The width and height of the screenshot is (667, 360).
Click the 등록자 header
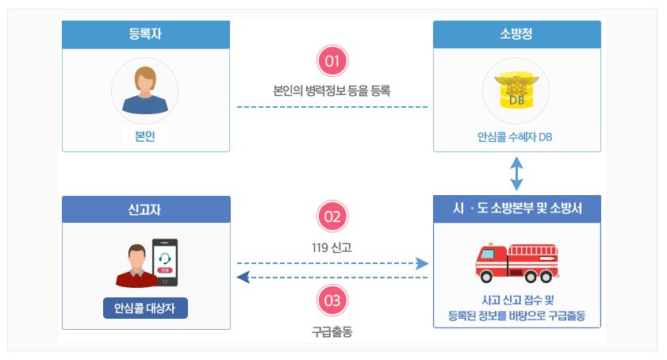tap(146, 34)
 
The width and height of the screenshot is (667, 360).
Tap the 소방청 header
tap(516, 34)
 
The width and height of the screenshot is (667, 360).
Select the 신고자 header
tap(146, 209)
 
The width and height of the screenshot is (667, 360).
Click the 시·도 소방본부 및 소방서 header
tap(516, 209)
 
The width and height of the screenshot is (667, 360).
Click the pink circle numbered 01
tap(332, 61)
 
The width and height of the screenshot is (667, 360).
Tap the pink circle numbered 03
tap(332, 300)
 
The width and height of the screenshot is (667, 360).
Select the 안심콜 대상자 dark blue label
tap(145, 308)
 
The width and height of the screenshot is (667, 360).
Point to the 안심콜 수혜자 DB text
tap(516, 136)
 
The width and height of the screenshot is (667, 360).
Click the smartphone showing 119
tap(164, 262)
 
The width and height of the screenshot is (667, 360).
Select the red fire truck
tap(516, 262)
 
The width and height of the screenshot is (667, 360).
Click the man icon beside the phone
tap(132, 266)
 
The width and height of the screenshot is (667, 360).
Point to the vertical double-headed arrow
tap(517, 173)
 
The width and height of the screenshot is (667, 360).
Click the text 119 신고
tap(332, 247)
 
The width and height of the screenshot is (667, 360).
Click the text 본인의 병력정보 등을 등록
tap(332, 90)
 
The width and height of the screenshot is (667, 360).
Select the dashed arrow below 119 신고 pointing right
tap(332, 262)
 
